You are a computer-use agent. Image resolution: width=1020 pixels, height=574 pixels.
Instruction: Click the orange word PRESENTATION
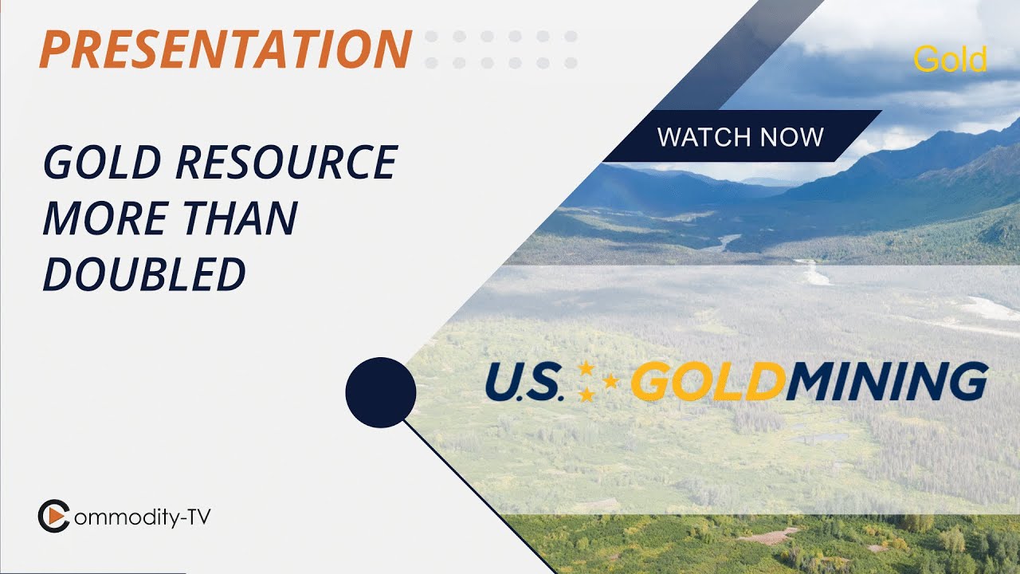pos(226,49)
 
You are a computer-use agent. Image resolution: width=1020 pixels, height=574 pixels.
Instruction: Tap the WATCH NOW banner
pos(741,136)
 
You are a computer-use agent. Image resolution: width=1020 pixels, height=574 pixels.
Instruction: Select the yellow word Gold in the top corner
pos(950,60)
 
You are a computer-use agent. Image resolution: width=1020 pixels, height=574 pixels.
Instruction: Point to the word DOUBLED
pos(144,273)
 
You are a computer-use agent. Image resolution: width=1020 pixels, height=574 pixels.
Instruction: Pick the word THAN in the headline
pos(237,218)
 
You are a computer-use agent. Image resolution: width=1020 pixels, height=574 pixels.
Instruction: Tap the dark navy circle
pos(381,392)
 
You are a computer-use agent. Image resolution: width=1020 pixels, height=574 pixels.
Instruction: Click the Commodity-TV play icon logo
pos(53,517)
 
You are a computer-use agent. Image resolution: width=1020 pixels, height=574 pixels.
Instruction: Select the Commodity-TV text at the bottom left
pos(142,517)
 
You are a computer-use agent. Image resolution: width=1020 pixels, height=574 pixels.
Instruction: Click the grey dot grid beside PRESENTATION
pos(501,49)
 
